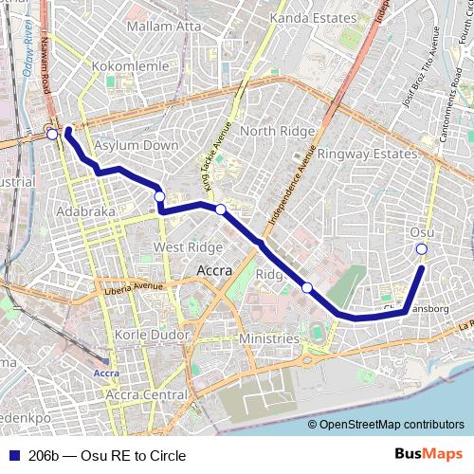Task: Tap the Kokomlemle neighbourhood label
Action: click(x=130, y=67)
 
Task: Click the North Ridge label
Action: click(x=270, y=130)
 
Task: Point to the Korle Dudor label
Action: click(x=142, y=335)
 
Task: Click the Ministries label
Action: click(x=268, y=338)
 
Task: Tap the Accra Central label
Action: click(x=146, y=392)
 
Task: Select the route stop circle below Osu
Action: click(x=422, y=249)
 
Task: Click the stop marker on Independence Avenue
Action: click(x=307, y=287)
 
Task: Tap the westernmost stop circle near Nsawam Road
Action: click(x=52, y=135)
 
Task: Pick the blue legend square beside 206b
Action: click(x=11, y=456)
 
